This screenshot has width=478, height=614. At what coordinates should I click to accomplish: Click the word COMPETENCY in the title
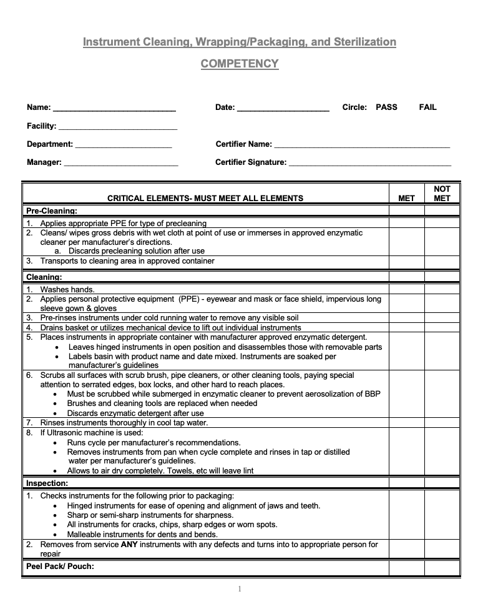coord(240,64)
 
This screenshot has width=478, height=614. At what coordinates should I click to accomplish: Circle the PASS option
coord(386,107)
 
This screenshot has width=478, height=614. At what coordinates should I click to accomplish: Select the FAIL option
coord(427,107)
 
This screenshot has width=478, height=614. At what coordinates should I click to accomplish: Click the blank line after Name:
coord(114,109)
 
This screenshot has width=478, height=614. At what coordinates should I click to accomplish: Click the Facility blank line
coord(118,127)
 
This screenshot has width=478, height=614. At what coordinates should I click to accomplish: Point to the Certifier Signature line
coord(370,164)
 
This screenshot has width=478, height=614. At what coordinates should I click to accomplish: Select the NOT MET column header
coord(442,194)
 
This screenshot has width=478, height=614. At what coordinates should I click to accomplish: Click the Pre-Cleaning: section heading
coord(52,211)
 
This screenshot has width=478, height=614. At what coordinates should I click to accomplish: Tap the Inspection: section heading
coord(47,483)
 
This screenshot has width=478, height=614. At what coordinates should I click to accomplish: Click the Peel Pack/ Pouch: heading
coord(61,567)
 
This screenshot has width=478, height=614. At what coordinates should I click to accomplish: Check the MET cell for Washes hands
coord(406,290)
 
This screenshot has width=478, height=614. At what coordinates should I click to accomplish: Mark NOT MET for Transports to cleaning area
coord(442,262)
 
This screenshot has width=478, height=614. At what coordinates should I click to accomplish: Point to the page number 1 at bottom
coord(239,589)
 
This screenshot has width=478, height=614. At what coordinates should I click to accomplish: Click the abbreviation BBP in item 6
coord(372,394)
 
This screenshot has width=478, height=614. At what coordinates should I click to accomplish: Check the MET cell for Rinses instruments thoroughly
coord(406,423)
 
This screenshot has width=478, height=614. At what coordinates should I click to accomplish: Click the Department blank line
coord(123,146)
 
